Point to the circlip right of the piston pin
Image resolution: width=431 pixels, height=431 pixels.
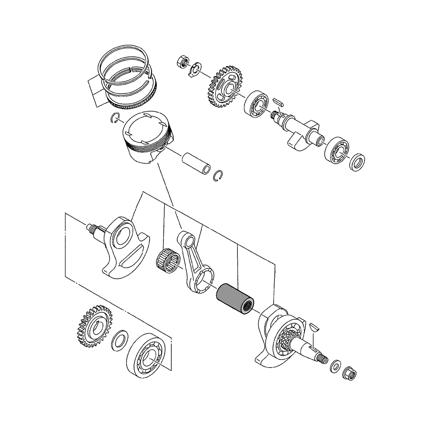(219, 176)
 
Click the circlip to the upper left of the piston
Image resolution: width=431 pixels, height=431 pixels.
(116, 117)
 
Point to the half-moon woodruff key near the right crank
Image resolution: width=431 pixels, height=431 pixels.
(314, 327)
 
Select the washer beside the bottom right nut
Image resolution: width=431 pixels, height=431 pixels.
(335, 367)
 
